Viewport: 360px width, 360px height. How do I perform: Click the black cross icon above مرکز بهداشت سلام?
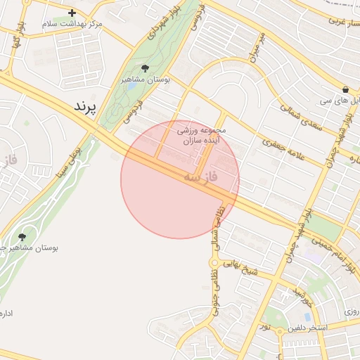tap(72, 13)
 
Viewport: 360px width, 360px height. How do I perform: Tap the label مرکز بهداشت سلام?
tap(72, 24)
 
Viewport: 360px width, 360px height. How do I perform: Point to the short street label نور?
tap(265, 326)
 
